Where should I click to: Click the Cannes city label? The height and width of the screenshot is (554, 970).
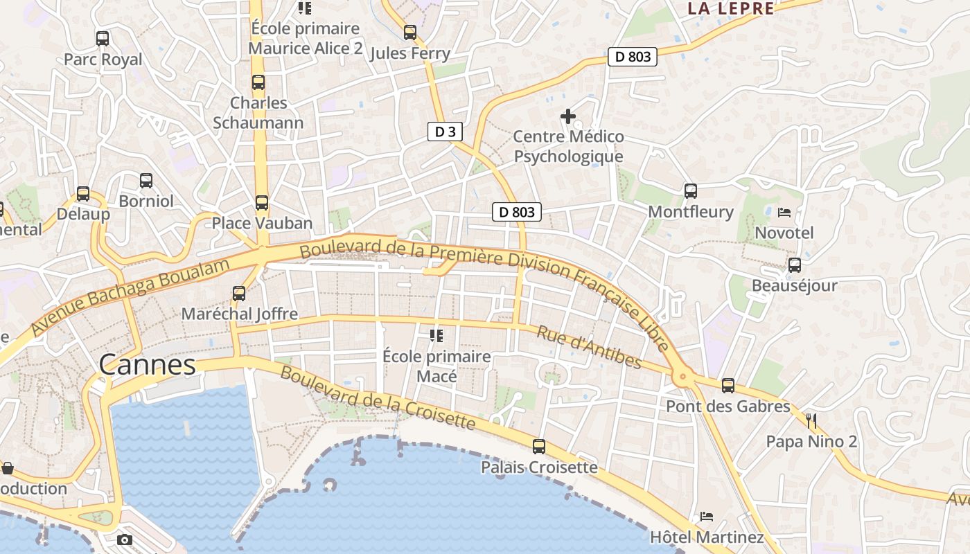point(147,364)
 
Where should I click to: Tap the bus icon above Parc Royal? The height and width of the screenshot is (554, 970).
point(103,39)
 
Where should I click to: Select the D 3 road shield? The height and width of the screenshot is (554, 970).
point(444,132)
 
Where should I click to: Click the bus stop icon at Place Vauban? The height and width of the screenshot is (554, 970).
point(261,203)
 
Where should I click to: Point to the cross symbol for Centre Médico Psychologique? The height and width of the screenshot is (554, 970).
point(568,116)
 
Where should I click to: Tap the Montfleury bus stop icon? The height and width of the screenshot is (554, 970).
point(690,191)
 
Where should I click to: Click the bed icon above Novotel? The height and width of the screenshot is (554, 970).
point(784,213)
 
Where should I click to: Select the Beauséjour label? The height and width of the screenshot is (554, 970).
point(794,285)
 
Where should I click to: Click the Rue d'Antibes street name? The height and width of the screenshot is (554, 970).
point(589,348)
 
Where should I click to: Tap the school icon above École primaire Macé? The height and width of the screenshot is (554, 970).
point(436,336)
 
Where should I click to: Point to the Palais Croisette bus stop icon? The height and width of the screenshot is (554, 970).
point(538,447)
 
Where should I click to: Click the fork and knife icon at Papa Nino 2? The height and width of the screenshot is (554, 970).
point(811,420)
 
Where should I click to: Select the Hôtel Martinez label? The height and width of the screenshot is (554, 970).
point(706,537)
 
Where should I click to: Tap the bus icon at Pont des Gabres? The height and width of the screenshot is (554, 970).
point(727,386)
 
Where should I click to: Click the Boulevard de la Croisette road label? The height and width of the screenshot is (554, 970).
point(378,398)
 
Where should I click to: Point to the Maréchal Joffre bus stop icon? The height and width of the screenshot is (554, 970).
point(239,293)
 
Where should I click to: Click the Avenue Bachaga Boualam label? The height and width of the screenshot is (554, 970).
point(130,298)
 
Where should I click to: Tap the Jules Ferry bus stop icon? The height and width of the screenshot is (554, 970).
point(409,33)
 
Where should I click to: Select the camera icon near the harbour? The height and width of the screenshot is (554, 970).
point(125,539)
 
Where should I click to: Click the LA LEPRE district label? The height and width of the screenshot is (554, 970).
point(730,8)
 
